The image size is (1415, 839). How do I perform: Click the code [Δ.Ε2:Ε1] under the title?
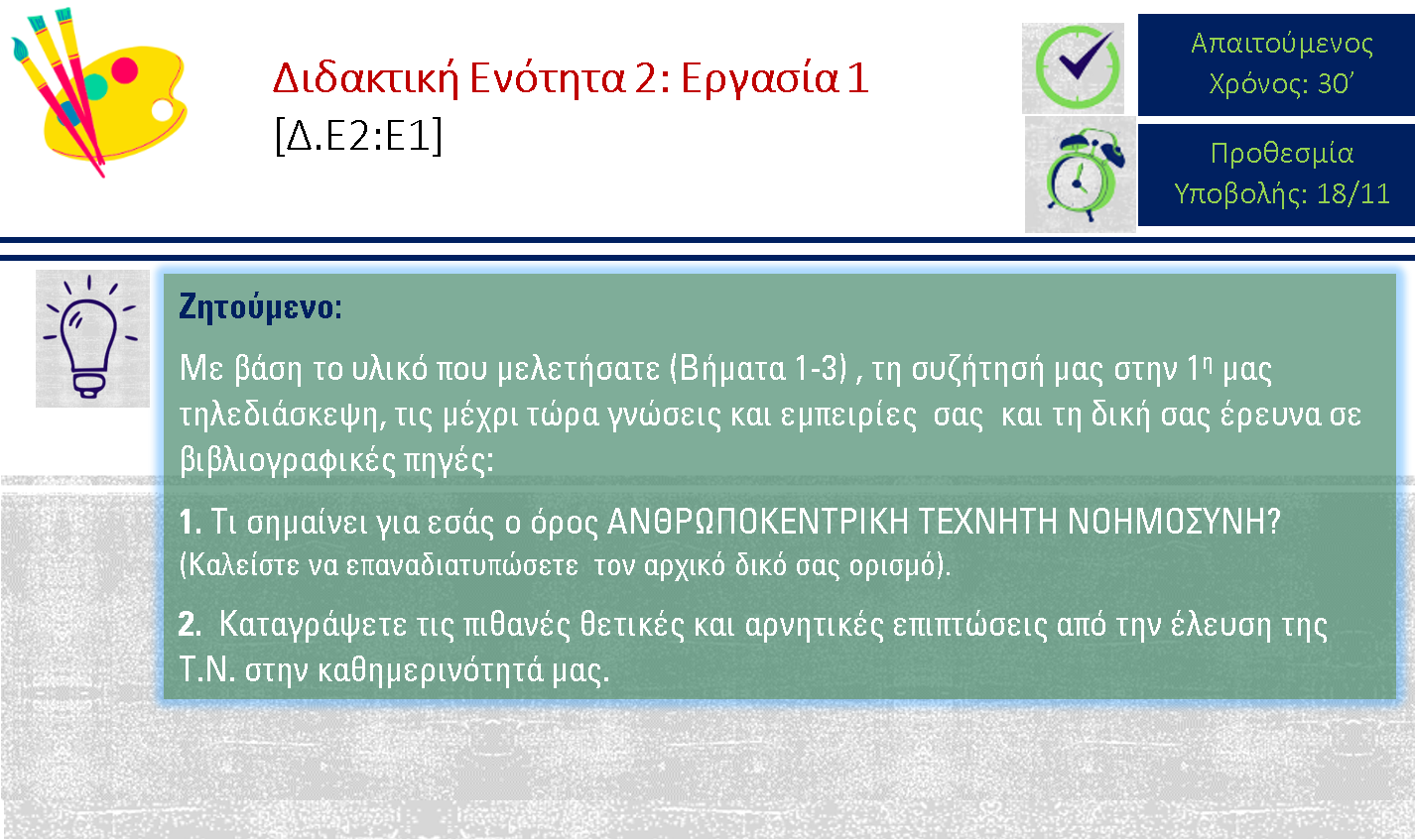(359, 135)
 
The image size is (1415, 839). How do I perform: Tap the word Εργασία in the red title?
(759, 79)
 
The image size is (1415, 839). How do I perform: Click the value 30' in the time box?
(1336, 83)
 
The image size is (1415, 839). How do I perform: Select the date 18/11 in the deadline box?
(1353, 193)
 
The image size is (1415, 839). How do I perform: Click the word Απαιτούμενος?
(1282, 44)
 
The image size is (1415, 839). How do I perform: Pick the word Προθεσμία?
(1282, 154)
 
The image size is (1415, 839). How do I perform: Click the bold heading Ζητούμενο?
(260, 307)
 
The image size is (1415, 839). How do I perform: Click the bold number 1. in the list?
(191, 522)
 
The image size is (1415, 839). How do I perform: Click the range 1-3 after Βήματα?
(820, 368)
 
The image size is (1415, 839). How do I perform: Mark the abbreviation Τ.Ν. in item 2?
(207, 669)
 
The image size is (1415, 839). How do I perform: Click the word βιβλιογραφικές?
(288, 461)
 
